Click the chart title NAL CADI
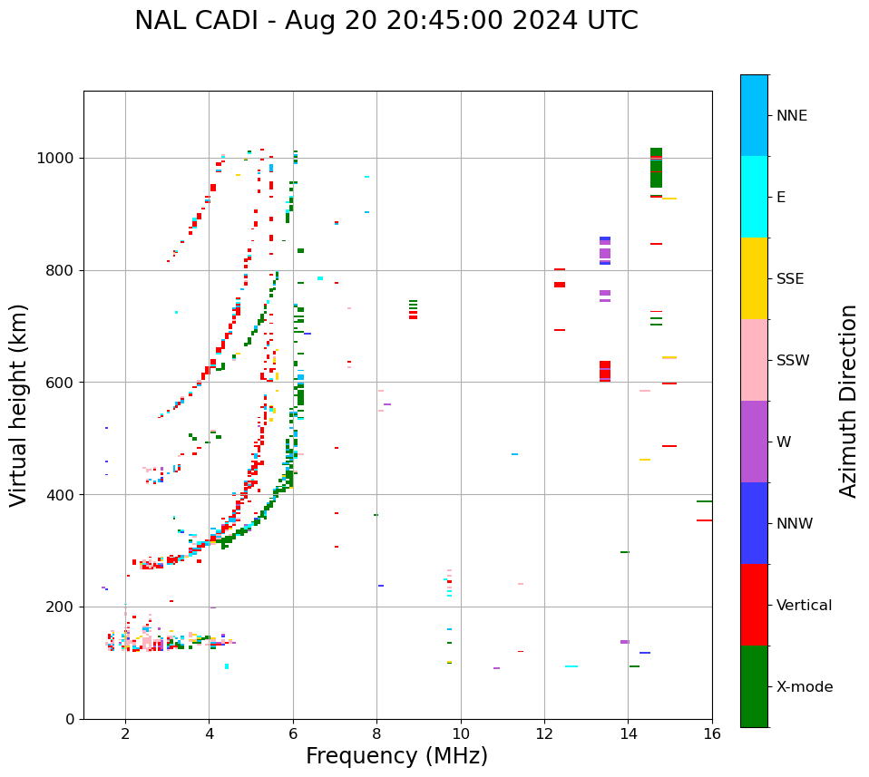tap(386, 21)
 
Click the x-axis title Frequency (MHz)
tap(396, 756)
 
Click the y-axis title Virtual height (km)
tap(19, 405)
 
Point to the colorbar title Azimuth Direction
tap(848, 401)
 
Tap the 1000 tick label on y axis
tap(56, 159)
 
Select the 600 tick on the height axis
tap(61, 383)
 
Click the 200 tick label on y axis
tap(61, 607)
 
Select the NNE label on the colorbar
tap(791, 116)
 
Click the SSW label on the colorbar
tap(793, 361)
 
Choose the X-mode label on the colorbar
tap(805, 687)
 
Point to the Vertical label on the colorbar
tap(804, 606)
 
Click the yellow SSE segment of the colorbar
tap(754, 278)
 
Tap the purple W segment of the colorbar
tap(754, 442)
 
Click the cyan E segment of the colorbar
tap(754, 197)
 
